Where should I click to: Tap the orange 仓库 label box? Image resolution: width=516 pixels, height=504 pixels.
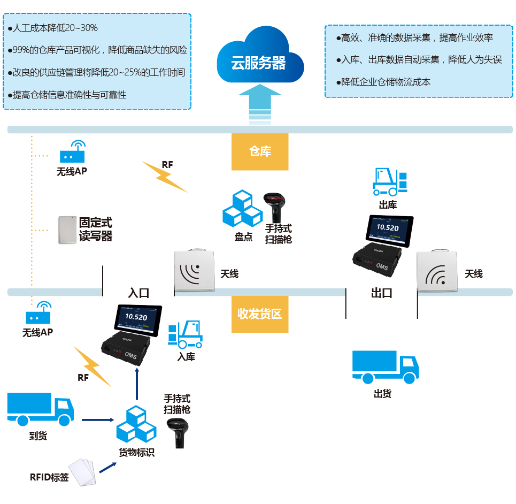[x=260, y=152]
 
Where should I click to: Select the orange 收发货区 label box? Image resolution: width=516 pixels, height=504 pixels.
[x=260, y=314]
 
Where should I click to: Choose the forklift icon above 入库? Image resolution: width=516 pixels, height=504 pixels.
[x=186, y=335]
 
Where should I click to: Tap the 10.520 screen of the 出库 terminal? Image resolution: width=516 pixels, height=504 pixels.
[x=388, y=228]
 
